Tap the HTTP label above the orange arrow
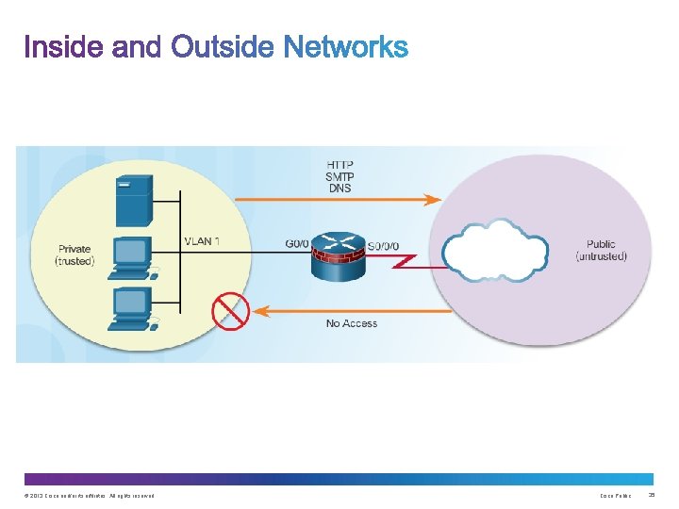click(x=339, y=164)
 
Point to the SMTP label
click(x=339, y=175)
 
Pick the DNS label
click(x=339, y=188)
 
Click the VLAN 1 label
click(x=202, y=241)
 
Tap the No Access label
click(x=351, y=323)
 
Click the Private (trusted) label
click(x=75, y=254)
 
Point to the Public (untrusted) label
click(x=600, y=251)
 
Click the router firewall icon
click(x=336, y=252)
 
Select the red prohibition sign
click(x=230, y=311)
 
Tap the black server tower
click(x=132, y=200)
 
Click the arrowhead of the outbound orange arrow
click(x=433, y=199)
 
